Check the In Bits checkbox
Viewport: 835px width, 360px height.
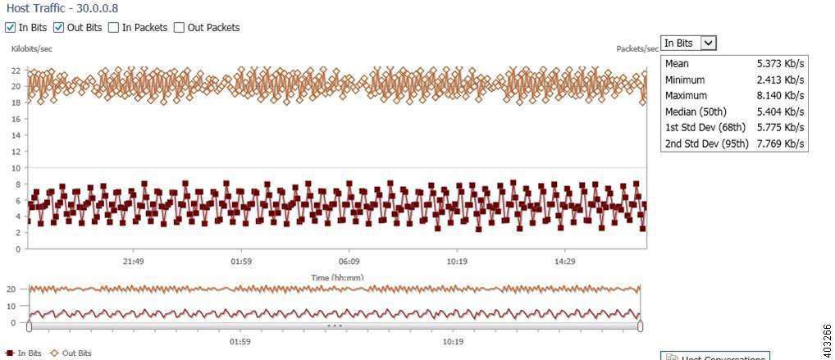10,27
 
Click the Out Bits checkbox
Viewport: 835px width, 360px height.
58,27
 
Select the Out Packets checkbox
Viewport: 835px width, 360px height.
179,27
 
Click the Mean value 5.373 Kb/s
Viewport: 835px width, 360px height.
780,63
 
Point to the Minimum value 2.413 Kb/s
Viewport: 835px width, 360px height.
780,80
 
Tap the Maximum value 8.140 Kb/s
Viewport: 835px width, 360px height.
780,95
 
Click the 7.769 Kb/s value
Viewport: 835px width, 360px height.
780,144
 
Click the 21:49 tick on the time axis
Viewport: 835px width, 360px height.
134,262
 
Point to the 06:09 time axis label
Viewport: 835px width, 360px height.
349,262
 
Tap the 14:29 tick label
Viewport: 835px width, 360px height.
564,262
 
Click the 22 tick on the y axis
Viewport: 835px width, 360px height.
16,71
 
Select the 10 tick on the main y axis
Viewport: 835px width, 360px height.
16,168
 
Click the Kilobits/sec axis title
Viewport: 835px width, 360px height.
32,49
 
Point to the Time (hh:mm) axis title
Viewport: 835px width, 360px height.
336,277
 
